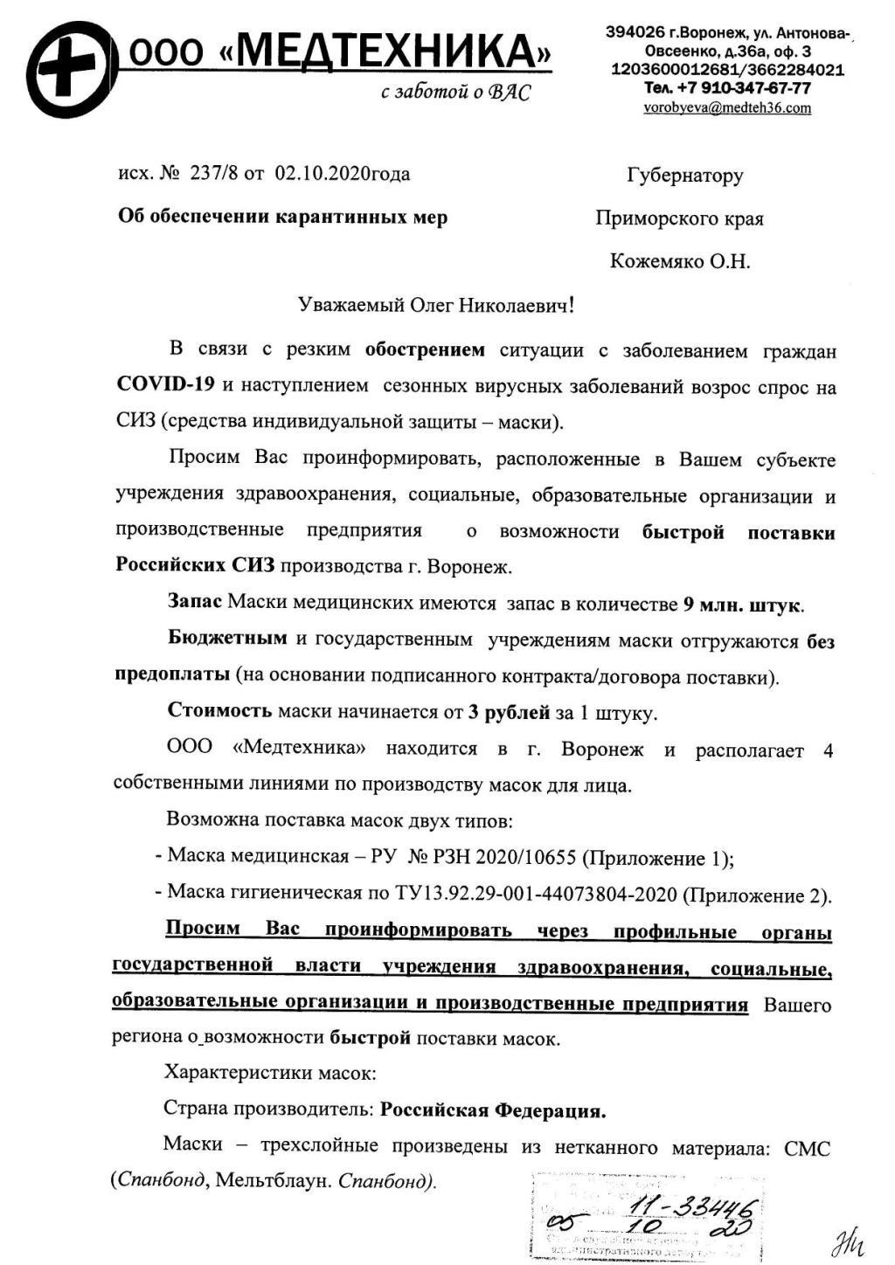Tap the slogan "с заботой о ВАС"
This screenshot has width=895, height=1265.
coord(455,93)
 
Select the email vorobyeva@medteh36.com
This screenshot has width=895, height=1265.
coord(726,108)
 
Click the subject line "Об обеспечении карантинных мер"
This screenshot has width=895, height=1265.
coord(282,217)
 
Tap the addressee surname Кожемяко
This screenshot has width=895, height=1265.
coord(656,261)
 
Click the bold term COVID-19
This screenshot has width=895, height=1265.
coord(165,385)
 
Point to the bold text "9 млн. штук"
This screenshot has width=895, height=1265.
coord(743,605)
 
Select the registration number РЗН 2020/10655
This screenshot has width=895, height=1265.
coord(504,857)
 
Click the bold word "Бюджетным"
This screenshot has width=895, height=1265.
coord(227,639)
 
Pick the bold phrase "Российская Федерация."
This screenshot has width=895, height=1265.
coord(493,1110)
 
